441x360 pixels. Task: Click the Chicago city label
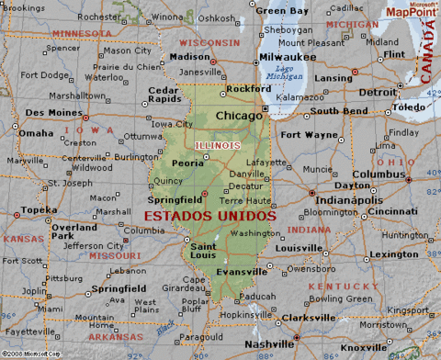(x=238, y=117)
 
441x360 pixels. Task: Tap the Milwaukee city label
(x=288, y=56)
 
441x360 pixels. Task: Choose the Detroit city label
(x=378, y=92)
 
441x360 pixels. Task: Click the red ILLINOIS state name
(x=218, y=145)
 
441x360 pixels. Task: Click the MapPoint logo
(x=410, y=11)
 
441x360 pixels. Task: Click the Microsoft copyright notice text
(x=28, y=354)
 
